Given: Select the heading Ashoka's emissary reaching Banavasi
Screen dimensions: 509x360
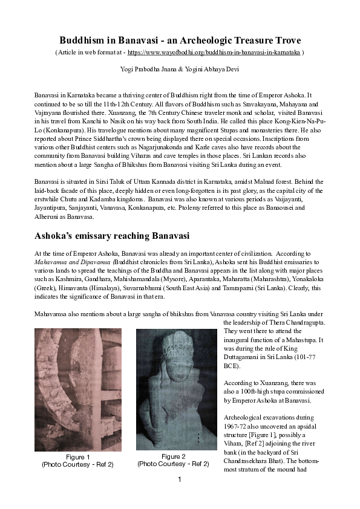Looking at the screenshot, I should pos(112,235).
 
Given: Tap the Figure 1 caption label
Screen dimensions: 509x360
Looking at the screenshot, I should pos(77,457).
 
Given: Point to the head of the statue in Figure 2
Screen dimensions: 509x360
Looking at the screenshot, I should pos(174,351).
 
